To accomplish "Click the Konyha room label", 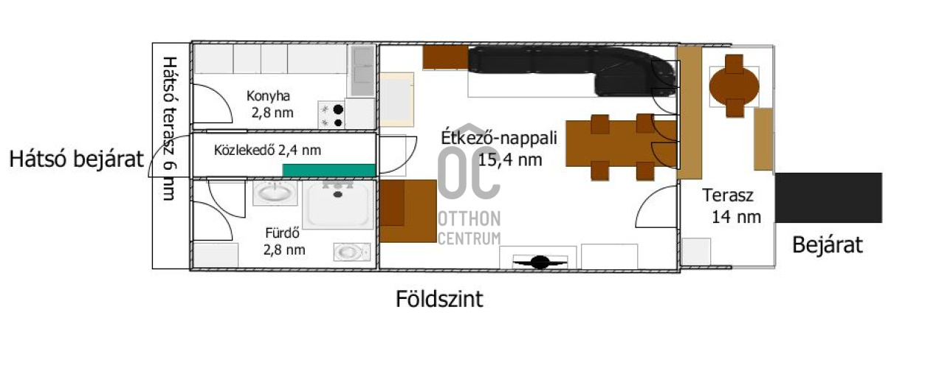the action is coord(268,96).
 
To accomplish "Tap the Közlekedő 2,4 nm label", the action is coord(267,150).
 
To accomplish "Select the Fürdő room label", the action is coord(282,232).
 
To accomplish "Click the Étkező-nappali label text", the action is coord(499,138).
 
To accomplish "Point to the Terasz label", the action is coord(728,195).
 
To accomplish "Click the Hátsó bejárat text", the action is coord(76,159).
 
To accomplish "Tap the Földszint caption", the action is coord(439,299).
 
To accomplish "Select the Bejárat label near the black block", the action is coord(827,244).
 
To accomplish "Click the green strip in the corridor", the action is coord(329,170).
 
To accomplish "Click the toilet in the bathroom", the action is coord(351,252).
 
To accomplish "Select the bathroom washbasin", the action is coord(275,193).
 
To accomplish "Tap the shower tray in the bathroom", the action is coord(338,205).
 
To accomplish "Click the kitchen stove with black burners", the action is coord(331,116).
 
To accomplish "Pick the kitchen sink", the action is coord(362,71).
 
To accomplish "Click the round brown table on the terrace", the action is coord(734,86).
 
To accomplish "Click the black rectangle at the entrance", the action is coord(828,198).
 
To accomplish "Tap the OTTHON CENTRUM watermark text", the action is coord(469,228).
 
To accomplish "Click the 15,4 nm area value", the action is coord(510,159).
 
